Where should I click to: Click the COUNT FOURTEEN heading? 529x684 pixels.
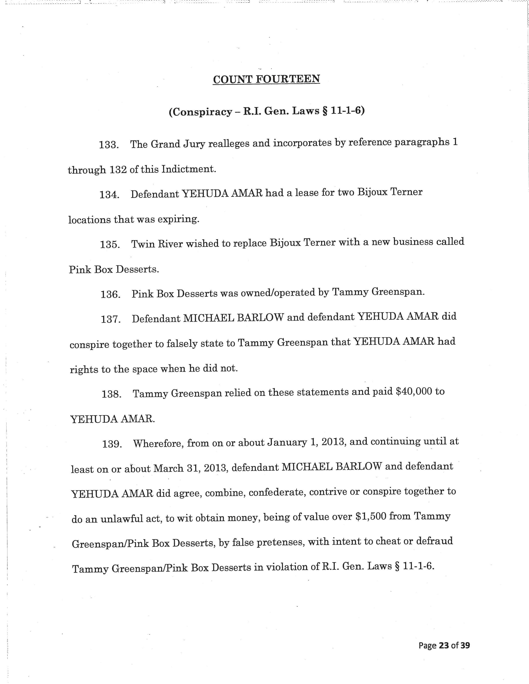coord(266,79)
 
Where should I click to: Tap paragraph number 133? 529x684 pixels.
coord(108,145)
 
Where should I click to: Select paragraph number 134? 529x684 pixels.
coord(109,195)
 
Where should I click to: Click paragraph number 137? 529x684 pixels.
coord(111,319)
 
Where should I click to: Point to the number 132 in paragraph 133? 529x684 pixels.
coord(118,170)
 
